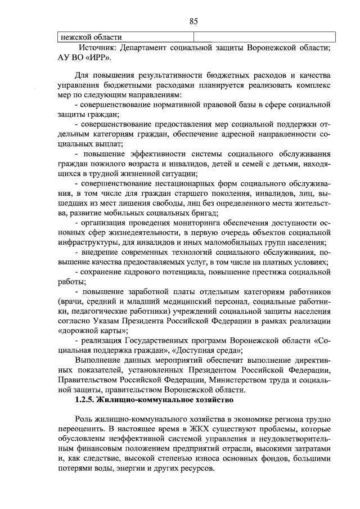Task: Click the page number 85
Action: [193, 21]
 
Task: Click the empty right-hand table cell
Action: [264, 38]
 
